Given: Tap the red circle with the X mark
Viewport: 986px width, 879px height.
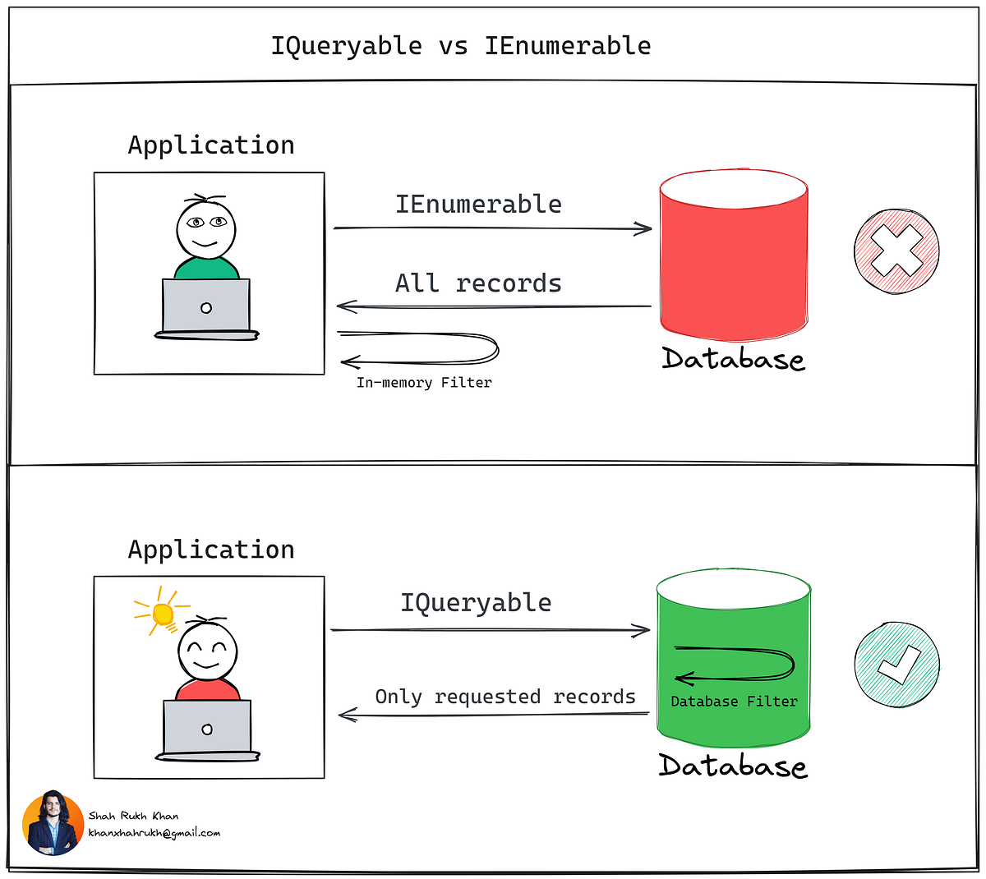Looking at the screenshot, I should tap(896, 251).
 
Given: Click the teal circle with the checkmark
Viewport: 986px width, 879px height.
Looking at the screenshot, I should tap(896, 664).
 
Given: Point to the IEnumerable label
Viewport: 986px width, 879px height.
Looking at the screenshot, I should tap(478, 204).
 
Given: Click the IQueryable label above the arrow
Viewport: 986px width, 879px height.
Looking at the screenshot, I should tap(476, 602).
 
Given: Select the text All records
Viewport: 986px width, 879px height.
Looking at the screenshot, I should tap(478, 283).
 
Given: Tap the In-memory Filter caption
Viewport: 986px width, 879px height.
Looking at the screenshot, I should tap(424, 383).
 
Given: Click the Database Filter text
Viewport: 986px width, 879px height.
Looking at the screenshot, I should tap(734, 702).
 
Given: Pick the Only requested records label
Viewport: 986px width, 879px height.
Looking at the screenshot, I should tap(505, 697).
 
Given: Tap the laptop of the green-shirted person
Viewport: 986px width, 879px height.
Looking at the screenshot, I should tap(206, 308).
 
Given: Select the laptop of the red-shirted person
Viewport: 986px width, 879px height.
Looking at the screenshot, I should tap(207, 729).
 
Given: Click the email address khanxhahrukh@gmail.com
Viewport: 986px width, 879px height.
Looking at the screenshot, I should tap(154, 833).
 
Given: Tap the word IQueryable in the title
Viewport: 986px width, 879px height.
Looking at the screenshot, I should tap(346, 46).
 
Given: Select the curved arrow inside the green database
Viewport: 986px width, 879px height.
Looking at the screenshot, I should tap(734, 664).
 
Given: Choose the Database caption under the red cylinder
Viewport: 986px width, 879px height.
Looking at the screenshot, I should tap(733, 360).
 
